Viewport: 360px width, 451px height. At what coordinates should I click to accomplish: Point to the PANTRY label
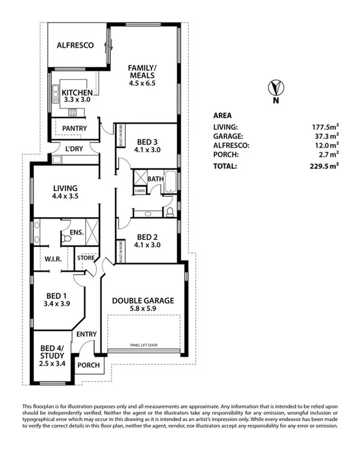pos(75,129)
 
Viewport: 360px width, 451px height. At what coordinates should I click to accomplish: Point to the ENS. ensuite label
pos(76,232)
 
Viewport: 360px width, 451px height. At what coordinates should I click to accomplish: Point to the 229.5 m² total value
pos(322,164)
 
